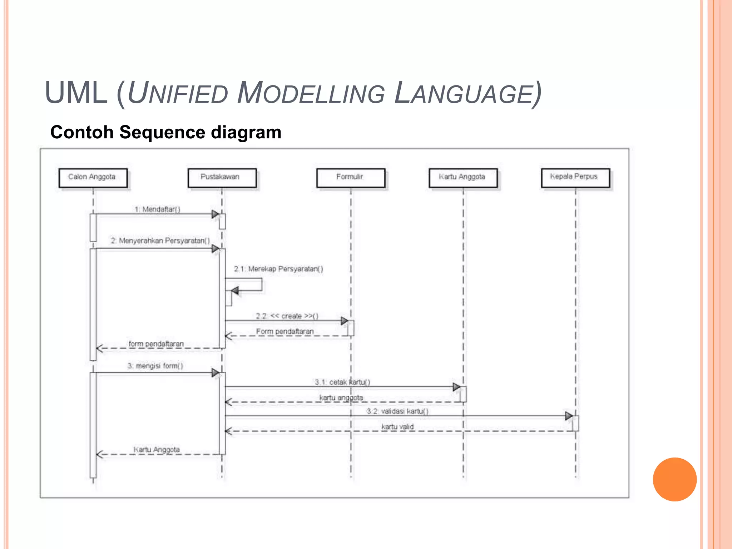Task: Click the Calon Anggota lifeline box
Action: click(x=93, y=178)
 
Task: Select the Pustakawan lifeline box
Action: click(x=222, y=178)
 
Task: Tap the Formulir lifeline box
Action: click(x=351, y=178)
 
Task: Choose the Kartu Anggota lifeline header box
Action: click(x=463, y=178)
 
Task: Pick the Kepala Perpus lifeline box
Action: click(x=575, y=178)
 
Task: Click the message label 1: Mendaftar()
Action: click(x=157, y=209)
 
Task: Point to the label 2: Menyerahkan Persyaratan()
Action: click(x=160, y=241)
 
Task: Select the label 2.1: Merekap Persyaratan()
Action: click(x=278, y=269)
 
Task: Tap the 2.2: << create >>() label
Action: click(x=287, y=316)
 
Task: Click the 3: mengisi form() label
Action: click(x=155, y=366)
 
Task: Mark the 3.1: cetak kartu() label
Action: click(x=342, y=382)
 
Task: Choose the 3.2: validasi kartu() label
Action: click(x=397, y=411)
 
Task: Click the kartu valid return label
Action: click(x=397, y=426)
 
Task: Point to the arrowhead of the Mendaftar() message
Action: click(x=215, y=214)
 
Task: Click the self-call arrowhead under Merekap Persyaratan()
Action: click(x=235, y=290)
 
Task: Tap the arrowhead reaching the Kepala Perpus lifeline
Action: click(x=569, y=416)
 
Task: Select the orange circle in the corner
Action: click(x=674, y=479)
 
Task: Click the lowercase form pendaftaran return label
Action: click(x=156, y=343)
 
